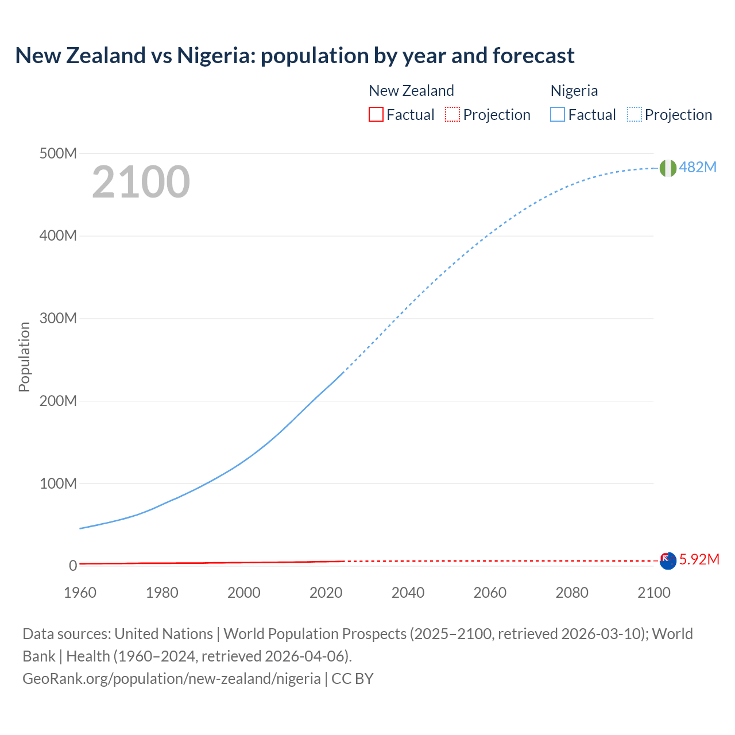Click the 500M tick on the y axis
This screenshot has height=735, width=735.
[58, 153]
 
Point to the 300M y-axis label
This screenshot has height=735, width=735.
[58, 318]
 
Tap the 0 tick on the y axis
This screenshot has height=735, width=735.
[73, 566]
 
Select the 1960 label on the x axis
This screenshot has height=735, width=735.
[80, 593]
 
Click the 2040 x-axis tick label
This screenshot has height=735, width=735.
[408, 593]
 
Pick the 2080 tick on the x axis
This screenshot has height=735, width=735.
[572, 593]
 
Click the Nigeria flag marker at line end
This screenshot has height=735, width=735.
[668, 168]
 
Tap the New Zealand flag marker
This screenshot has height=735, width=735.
[668, 561]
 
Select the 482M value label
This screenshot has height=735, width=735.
[698, 167]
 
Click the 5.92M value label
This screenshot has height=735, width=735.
[699, 559]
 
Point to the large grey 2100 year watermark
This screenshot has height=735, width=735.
[141, 181]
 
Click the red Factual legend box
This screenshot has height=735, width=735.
[376, 115]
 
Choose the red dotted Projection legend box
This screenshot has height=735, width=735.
[452, 115]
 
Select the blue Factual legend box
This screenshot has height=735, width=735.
[558, 115]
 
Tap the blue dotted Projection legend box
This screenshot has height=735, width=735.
[635, 115]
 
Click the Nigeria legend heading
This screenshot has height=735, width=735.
[574, 91]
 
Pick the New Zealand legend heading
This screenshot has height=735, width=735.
[411, 91]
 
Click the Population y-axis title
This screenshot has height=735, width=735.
[24, 357]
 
